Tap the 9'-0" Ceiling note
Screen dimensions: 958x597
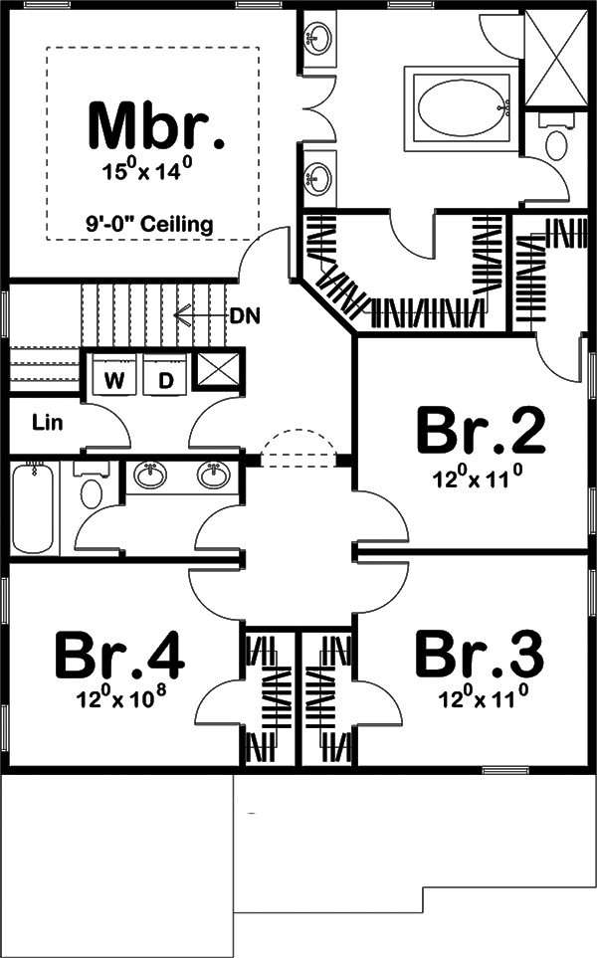149,224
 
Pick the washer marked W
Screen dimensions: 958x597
115,379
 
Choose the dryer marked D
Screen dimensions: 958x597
166,379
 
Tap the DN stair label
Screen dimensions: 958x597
245,316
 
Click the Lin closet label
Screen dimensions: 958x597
47,423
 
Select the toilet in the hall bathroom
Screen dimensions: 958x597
93,489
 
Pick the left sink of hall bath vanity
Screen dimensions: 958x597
151,477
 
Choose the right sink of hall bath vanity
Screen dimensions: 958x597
212,477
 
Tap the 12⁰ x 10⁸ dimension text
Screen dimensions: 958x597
119,698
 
